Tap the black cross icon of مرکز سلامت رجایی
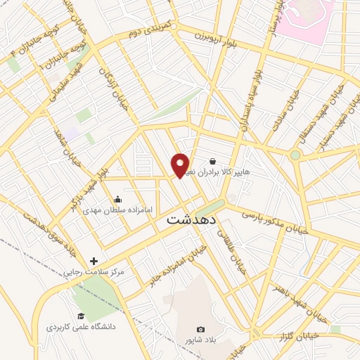pyautogui.click(x=94, y=261)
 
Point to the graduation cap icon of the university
pyautogui.click(x=80, y=316)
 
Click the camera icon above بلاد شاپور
pyautogui.click(x=201, y=329)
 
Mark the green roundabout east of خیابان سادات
pyautogui.click(x=295, y=155)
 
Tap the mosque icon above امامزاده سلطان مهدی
pyautogui.click(x=117, y=199)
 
